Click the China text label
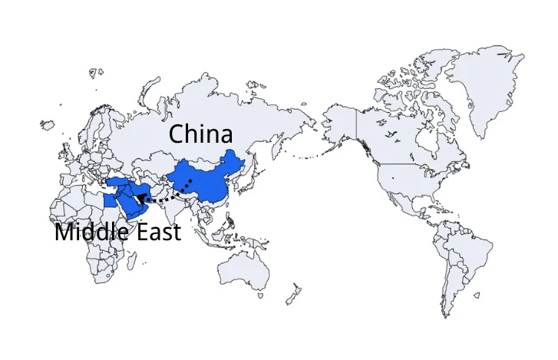(200, 134)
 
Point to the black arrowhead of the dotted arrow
(139, 198)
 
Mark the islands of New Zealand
(292, 295)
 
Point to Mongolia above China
(201, 160)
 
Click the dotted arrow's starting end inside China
(190, 180)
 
